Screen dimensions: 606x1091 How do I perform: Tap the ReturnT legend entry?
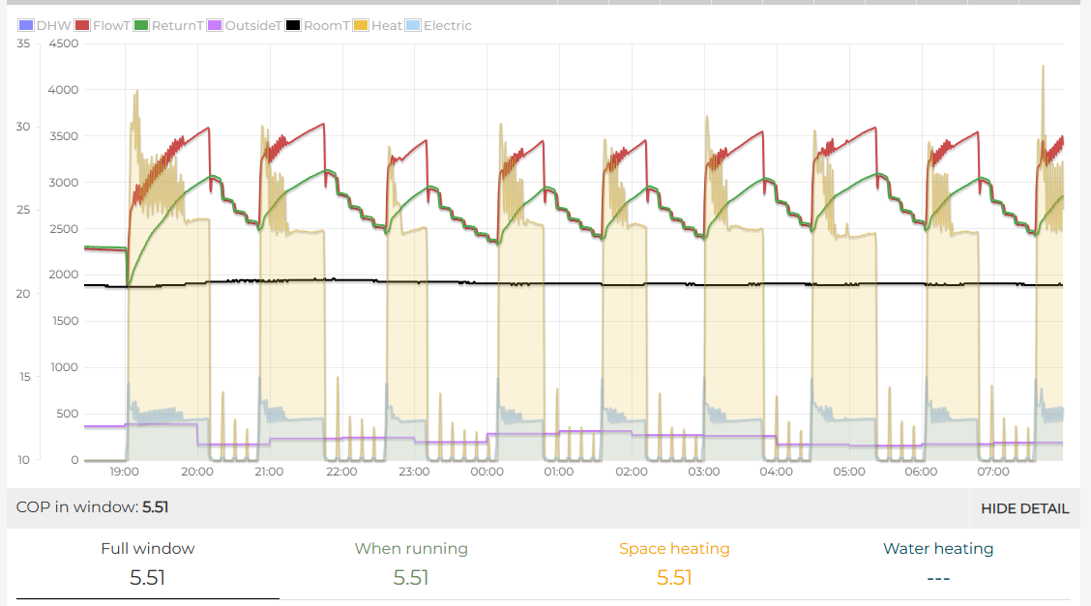tap(168, 25)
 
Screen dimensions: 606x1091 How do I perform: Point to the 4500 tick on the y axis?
tap(63, 43)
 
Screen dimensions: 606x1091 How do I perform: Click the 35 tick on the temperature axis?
tap(23, 43)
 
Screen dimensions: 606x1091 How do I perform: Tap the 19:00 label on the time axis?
tap(125, 473)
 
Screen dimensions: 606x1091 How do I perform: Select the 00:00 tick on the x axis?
tap(487, 473)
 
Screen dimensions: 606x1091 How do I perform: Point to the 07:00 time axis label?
tap(993, 473)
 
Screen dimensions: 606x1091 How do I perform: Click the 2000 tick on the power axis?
tap(63, 274)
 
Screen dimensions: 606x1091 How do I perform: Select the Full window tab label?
tap(148, 548)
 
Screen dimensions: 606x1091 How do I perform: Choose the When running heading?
tap(411, 548)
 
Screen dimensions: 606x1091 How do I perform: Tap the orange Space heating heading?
tap(674, 548)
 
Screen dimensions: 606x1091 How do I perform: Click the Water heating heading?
tap(938, 548)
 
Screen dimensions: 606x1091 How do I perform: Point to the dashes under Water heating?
tap(938, 578)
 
